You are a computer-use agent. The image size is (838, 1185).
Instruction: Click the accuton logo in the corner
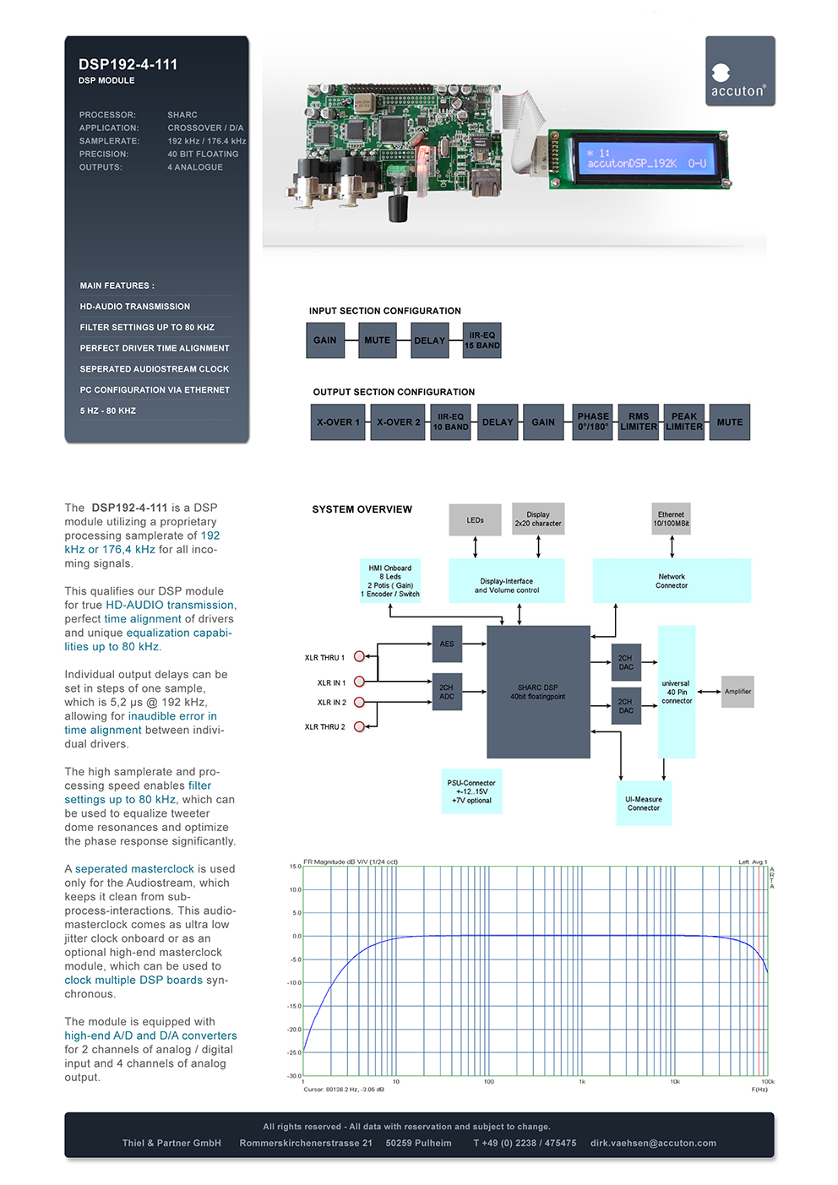740,71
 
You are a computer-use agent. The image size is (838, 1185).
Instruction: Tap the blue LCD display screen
648,159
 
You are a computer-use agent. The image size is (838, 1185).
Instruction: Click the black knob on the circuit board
399,209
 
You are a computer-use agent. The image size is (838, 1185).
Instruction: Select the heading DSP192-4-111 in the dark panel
128,64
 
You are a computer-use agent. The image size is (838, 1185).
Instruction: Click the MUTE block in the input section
378,340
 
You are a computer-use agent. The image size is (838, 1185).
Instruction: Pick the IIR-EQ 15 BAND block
482,340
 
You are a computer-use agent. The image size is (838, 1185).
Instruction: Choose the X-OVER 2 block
398,422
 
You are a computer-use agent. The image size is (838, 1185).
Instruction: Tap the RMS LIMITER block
639,422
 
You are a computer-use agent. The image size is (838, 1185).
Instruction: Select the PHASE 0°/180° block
592,422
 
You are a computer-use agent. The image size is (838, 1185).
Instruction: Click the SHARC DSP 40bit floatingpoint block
538,692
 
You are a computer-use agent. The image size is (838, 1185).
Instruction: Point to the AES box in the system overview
447,644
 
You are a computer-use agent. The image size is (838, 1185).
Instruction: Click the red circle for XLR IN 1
359,682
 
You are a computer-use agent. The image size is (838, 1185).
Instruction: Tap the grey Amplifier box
737,692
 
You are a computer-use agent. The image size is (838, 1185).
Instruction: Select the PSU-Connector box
471,791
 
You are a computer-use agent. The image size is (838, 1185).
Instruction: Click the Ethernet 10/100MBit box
671,519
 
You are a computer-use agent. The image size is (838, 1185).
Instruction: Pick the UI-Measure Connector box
644,803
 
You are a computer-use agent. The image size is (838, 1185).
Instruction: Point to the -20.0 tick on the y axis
295,1029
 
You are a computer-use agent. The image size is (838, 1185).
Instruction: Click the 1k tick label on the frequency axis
582,1081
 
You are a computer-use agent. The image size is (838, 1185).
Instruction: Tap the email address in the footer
653,1143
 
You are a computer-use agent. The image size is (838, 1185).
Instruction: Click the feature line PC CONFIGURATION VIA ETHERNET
155,390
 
